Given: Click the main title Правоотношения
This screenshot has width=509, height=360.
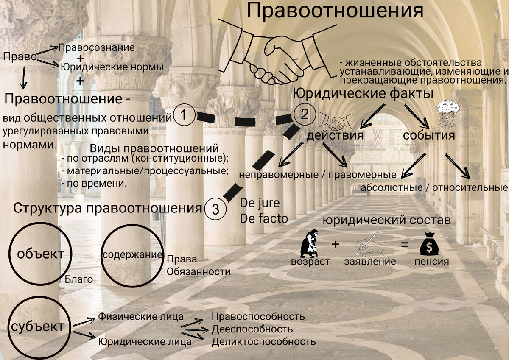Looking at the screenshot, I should (x=335, y=11).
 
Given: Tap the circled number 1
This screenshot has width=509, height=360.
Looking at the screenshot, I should (x=184, y=115).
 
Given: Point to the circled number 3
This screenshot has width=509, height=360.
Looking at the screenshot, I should (x=215, y=209).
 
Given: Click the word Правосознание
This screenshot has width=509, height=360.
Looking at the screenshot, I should (x=96, y=48).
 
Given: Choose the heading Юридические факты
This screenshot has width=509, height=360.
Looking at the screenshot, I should (x=363, y=93).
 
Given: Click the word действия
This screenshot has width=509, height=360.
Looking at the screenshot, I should (x=335, y=136).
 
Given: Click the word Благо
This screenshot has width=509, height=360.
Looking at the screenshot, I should (x=79, y=279).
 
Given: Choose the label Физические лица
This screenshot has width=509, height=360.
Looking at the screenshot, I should (x=141, y=317).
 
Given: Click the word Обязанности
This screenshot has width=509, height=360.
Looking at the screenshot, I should (x=199, y=272).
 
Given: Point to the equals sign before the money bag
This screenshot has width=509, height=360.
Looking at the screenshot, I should (x=405, y=245).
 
